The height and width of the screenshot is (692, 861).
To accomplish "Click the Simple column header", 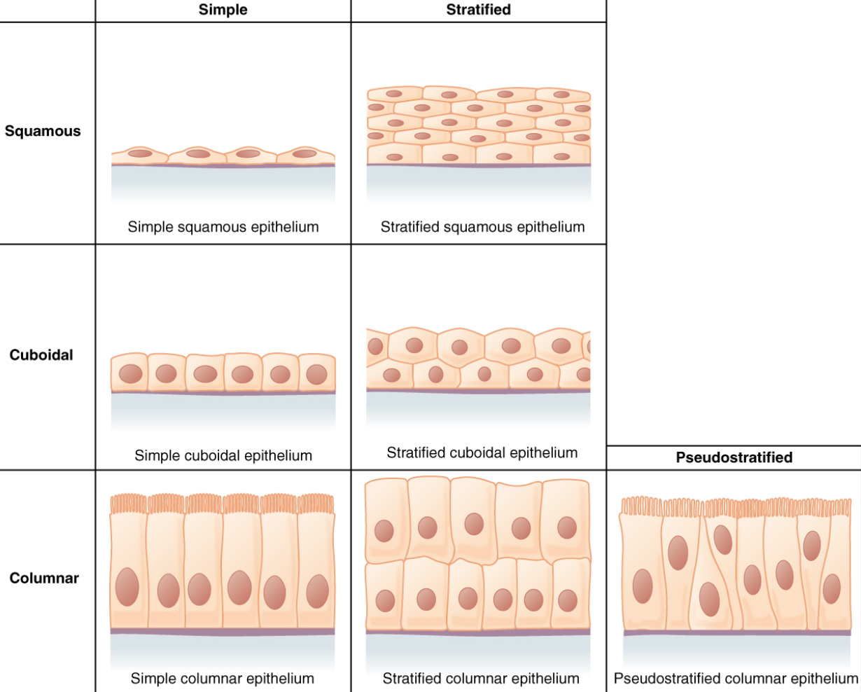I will [223, 10].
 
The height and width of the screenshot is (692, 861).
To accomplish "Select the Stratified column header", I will [478, 10].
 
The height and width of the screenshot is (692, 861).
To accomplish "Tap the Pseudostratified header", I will [734, 457].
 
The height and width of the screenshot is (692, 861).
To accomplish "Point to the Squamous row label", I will [43, 131].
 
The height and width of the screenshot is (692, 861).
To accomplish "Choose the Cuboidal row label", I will [41, 355].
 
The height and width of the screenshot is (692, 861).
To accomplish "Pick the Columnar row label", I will [44, 579].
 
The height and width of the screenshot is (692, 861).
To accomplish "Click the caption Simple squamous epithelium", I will [223, 227].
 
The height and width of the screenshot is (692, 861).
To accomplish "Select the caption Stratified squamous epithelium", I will [482, 227].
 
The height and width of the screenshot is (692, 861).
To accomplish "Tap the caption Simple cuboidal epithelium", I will [223, 455].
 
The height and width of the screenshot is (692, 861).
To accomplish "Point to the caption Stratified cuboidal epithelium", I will [482, 452].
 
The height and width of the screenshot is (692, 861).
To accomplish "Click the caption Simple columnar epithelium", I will [222, 678].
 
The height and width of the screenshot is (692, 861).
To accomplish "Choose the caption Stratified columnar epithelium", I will [481, 678].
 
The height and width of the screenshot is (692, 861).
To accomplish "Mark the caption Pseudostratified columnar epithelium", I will [736, 678].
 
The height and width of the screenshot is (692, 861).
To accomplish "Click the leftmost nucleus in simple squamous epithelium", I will [140, 153].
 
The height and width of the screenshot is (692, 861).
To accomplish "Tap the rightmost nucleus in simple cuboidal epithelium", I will [316, 374].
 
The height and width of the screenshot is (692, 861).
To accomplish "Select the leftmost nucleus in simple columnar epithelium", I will [127, 586].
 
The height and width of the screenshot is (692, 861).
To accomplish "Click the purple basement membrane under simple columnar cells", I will [223, 632].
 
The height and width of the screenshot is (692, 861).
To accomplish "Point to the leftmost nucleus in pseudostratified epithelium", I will [643, 586].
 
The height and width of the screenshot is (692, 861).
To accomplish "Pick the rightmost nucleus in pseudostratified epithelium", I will [832, 588].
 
